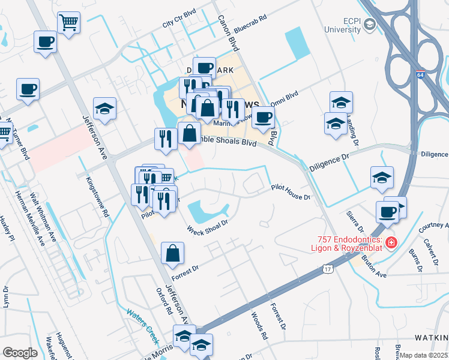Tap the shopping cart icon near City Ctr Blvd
point(68,23)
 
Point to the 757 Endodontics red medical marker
point(391,243)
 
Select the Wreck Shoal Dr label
point(208,227)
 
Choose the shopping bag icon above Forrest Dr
point(172,254)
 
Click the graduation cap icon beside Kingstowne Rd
point(104,109)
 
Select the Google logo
point(20,352)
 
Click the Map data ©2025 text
point(423,355)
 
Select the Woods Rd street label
point(258,325)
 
